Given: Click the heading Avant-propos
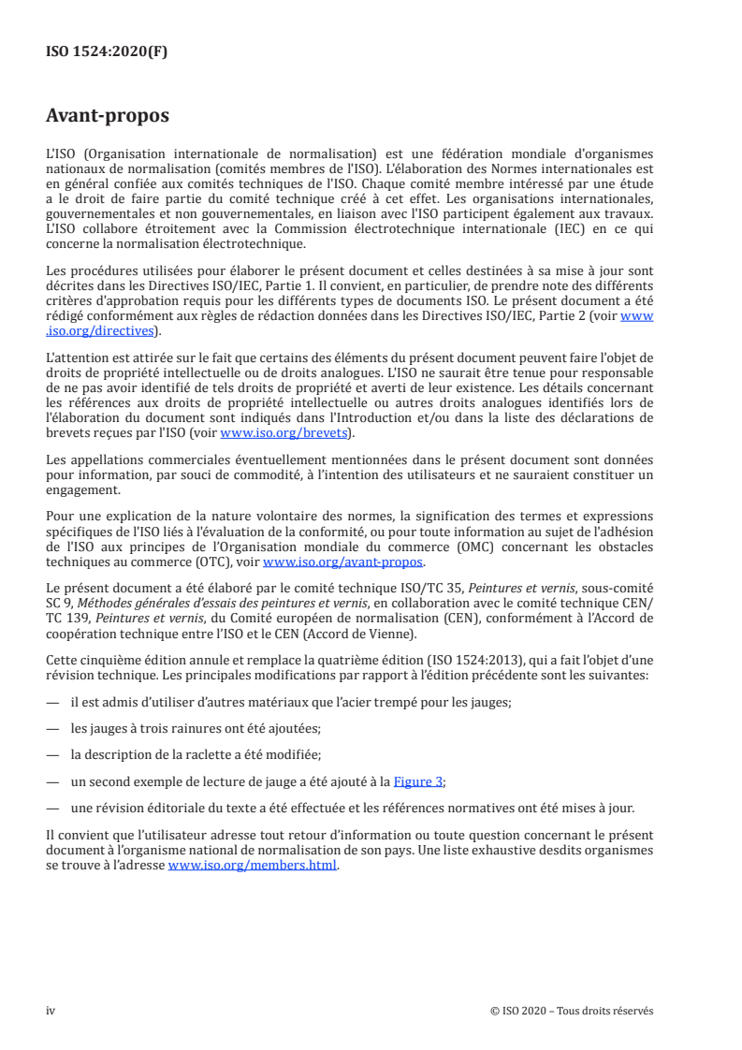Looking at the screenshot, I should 108,117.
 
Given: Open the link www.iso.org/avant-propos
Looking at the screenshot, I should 343,562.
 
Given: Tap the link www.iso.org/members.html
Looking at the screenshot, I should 252,867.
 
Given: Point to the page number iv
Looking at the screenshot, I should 51,1011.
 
